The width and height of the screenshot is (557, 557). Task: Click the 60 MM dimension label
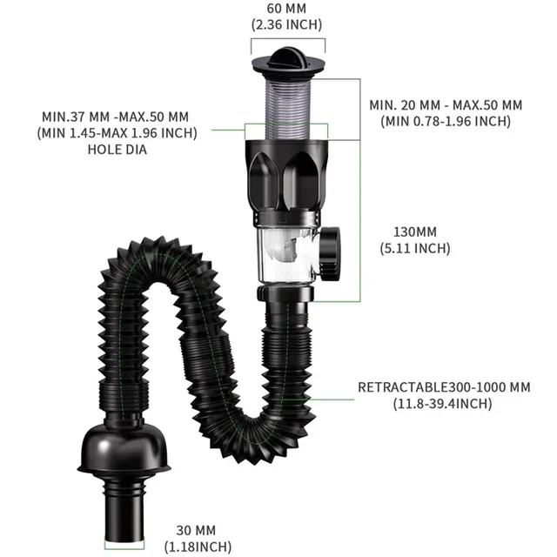287,10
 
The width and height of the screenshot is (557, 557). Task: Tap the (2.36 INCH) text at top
287,26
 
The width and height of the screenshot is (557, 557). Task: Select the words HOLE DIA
116,149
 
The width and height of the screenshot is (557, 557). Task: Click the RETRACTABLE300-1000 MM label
444,387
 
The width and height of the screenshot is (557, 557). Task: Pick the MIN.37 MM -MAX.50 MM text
116,117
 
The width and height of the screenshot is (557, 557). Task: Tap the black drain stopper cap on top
287,62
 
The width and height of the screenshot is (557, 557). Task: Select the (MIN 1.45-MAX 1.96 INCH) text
116,133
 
